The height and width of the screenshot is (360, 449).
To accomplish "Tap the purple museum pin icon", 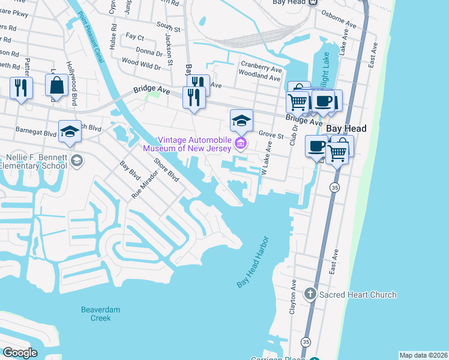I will tap(241, 143).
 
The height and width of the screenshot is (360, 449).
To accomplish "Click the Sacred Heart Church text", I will tap(358, 295).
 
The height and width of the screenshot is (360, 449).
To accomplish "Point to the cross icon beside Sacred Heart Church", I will tap(310, 294).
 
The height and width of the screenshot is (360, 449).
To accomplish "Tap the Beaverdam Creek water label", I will tap(96, 314).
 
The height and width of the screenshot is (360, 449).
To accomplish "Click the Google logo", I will tap(20, 353).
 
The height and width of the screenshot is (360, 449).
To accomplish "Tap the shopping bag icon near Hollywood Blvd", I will tap(56, 86).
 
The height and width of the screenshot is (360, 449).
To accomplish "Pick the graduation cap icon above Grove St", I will tap(241, 120).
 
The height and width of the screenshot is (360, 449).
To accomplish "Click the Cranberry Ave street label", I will tap(261, 65).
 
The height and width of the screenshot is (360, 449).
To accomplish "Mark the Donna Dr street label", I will tap(149, 52).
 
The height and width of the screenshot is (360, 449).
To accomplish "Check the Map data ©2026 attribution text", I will tap(423, 355).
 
